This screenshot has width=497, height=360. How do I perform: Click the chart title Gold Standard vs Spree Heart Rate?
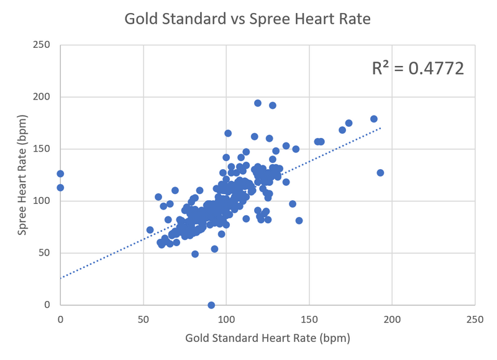pos(247,19)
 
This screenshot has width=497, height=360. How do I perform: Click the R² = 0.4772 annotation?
pos(417,68)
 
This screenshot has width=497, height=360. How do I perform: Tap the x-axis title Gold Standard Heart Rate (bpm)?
pos(268,339)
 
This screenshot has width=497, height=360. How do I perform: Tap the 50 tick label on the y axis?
pos(46,253)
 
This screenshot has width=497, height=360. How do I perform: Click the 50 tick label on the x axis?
pos(144,319)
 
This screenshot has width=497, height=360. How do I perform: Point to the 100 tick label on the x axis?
pos(226,319)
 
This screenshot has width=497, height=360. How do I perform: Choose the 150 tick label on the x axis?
pos(309,319)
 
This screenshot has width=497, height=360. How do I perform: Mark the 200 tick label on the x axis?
pos(392,319)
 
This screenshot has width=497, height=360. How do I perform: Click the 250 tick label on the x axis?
pos(475,319)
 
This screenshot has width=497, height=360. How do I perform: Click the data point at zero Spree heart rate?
pos(211,305)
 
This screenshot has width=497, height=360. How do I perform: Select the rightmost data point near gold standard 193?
pos(380,173)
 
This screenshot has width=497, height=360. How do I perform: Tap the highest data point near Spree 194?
pos(258,103)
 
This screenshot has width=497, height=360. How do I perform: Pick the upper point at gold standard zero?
pos(60,174)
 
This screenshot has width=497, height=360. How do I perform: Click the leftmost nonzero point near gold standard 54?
pos(150,230)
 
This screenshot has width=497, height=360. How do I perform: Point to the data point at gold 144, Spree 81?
pos(299,221)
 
